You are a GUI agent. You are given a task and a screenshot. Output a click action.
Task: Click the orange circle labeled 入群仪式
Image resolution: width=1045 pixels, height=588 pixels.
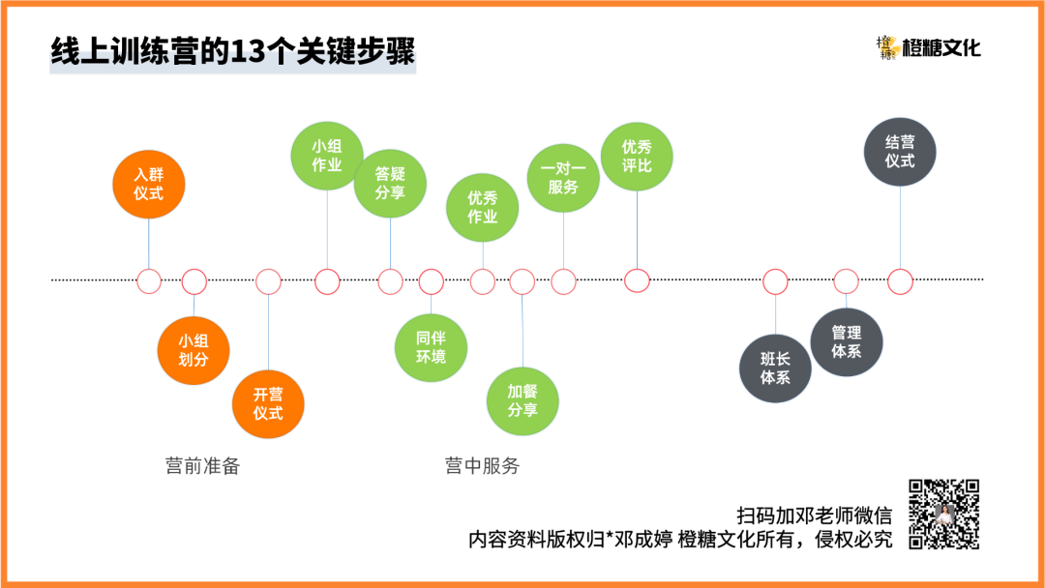point(148,184)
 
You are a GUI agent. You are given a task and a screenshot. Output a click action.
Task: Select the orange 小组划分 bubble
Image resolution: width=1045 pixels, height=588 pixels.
point(194,350)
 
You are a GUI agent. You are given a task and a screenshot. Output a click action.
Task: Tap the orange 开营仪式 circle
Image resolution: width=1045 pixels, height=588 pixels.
point(268,403)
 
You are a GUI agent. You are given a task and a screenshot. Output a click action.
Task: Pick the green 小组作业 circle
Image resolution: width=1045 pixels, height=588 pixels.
point(327,156)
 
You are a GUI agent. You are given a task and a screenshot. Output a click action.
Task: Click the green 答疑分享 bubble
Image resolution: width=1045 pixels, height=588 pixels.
point(390,183)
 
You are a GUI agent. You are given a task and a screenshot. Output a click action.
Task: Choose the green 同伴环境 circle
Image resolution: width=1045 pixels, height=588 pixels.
point(431,348)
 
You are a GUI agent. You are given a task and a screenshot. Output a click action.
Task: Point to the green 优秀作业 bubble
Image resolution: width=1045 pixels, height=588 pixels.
point(482,207)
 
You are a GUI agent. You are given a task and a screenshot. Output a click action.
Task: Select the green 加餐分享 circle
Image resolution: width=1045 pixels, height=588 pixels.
point(522,400)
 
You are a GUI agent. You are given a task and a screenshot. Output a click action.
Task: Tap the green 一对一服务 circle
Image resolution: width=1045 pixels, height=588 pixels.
point(563,178)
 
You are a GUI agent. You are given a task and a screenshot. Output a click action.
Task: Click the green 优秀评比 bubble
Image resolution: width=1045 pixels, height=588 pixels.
point(637,156)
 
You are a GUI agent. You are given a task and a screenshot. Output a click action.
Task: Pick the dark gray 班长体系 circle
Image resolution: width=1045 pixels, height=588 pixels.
point(775,368)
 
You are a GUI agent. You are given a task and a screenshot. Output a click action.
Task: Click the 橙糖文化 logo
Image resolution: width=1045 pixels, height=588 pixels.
point(928,46)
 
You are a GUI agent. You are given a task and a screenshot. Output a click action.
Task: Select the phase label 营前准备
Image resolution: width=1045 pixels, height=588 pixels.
point(202,466)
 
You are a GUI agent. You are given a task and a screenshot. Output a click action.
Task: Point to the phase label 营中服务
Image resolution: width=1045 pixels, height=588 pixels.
point(482,466)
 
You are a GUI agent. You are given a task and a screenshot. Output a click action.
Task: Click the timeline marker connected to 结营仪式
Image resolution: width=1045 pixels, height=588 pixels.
point(900,281)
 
